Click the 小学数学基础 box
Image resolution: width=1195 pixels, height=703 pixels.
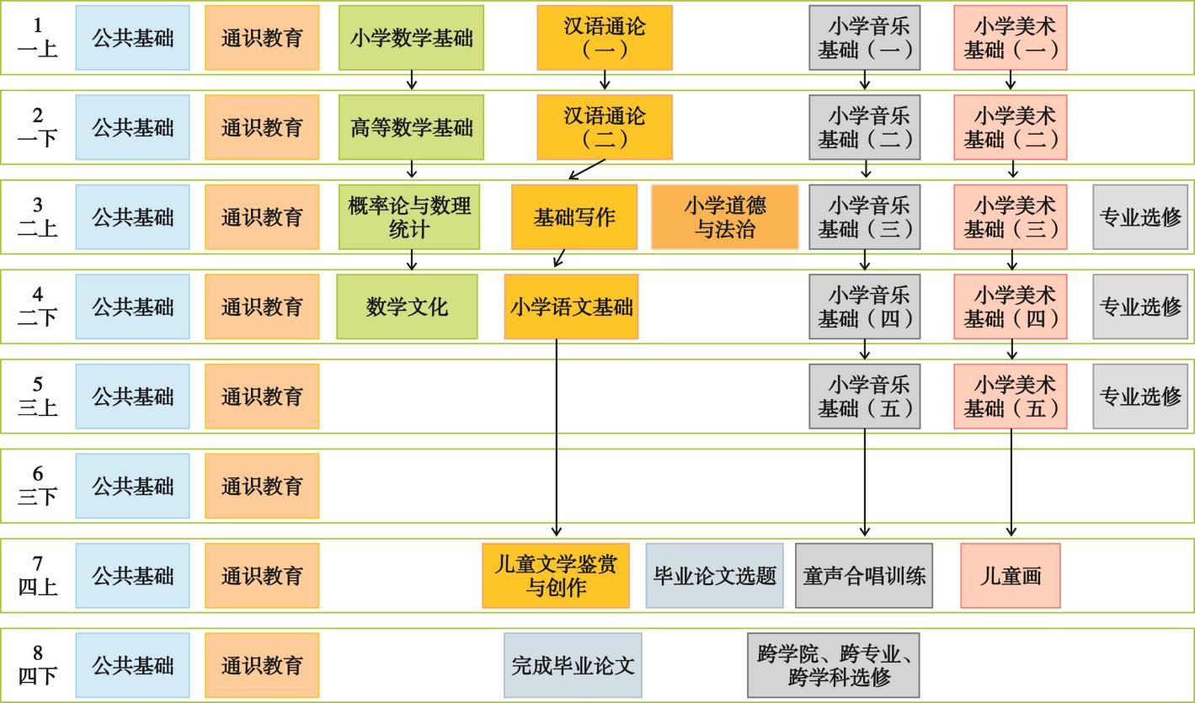pyautogui.click(x=411, y=38)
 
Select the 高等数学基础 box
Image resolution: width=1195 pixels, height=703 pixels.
pyautogui.click(x=411, y=128)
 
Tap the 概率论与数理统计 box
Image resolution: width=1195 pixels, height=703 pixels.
pyautogui.click(x=408, y=217)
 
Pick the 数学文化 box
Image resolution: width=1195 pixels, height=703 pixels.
pyautogui.click(x=407, y=306)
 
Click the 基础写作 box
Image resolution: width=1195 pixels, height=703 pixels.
pyautogui.click(x=573, y=217)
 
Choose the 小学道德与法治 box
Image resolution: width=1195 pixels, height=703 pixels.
pyautogui.click(x=724, y=217)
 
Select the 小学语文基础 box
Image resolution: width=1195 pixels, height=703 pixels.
pyautogui.click(x=571, y=306)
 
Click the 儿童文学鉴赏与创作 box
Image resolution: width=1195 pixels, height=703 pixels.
pyautogui.click(x=555, y=576)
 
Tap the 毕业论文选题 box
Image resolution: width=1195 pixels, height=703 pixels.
pyautogui.click(x=714, y=576)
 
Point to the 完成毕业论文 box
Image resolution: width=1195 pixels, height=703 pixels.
pyautogui.click(x=573, y=665)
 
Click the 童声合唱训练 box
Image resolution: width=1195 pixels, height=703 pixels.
pyautogui.click(x=864, y=576)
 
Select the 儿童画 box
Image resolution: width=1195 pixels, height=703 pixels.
pyautogui.click(x=1010, y=576)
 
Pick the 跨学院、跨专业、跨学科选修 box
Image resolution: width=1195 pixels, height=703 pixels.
pyautogui.click(x=833, y=665)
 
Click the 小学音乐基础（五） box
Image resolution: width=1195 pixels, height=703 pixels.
pyautogui.click(x=864, y=397)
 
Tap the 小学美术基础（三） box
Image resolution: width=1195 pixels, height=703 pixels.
pyautogui.click(x=1010, y=217)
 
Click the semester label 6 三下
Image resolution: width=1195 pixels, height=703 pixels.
pyautogui.click(x=38, y=486)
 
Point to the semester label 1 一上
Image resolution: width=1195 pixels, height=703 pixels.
pyautogui.click(x=38, y=38)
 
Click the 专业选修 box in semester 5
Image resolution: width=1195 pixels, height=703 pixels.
pyautogui.click(x=1140, y=397)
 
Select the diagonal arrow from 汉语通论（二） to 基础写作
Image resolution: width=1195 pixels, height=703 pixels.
pyautogui.click(x=588, y=169)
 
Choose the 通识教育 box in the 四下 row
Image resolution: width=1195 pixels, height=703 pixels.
pyautogui.click(x=262, y=665)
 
